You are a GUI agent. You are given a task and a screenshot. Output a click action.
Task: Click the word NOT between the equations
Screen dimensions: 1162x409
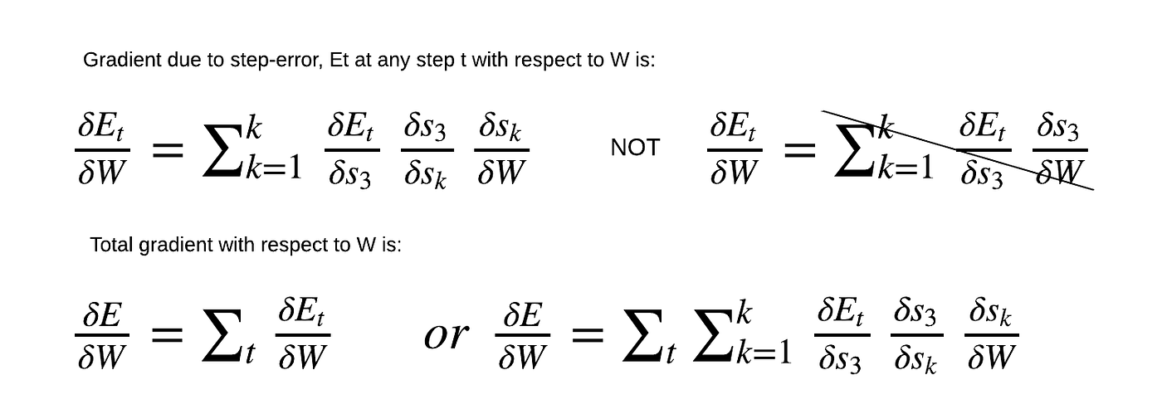point(635,148)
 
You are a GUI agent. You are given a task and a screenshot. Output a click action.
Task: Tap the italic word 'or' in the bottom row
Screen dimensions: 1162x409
point(446,335)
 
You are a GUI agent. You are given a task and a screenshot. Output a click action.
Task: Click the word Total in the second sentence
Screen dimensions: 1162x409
point(110,246)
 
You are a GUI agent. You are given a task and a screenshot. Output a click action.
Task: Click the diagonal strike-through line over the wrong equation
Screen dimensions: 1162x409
point(954,149)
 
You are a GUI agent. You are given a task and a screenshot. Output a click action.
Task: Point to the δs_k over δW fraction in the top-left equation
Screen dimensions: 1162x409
point(501,150)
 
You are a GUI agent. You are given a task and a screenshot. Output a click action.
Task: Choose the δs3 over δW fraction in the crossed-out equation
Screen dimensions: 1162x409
point(1059,150)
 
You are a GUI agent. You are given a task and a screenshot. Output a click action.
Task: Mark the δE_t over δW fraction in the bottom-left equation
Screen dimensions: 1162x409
point(302,335)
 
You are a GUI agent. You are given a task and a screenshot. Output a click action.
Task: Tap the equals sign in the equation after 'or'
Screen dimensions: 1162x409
point(586,336)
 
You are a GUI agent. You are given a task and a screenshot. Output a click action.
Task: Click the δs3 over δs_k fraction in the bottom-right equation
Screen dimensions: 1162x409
point(916,335)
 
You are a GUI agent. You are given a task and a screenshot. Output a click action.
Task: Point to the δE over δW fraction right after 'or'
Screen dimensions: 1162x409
point(522,335)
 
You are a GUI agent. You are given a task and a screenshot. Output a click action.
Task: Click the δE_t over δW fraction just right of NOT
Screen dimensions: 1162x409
point(734,150)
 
